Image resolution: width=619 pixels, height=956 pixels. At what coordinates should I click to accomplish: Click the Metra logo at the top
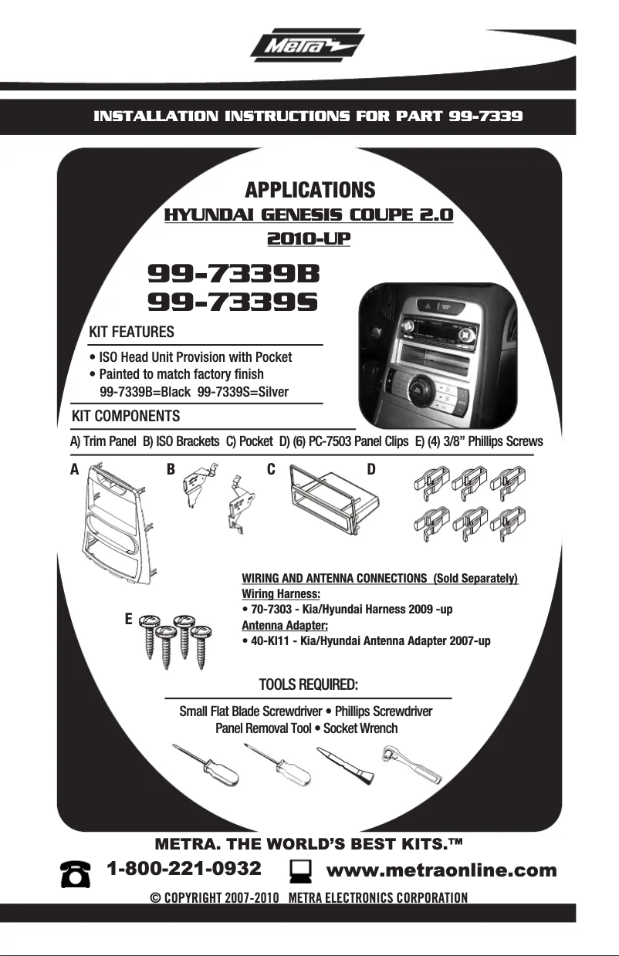[307, 45]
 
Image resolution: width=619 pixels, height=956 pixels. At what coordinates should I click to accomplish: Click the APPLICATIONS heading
[310, 190]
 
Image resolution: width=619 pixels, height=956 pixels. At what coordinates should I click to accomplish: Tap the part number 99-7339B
[234, 274]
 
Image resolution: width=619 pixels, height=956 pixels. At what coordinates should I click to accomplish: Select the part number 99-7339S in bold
[232, 302]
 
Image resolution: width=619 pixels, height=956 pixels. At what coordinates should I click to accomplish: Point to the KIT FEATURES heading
[131, 332]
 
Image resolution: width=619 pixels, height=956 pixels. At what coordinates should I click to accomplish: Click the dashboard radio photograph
[438, 356]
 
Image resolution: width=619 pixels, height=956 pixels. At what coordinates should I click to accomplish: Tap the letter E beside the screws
[128, 619]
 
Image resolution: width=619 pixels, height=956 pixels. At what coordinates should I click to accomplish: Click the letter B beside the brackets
[171, 469]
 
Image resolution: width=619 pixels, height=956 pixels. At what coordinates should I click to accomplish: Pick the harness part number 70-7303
[271, 609]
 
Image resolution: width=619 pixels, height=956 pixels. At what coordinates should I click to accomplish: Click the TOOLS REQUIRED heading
[308, 684]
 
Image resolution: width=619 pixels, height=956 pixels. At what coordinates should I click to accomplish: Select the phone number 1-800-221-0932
[184, 869]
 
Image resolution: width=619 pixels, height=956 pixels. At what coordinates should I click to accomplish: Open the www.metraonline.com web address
[441, 870]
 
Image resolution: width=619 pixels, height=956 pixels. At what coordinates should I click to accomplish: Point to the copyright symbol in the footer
[155, 898]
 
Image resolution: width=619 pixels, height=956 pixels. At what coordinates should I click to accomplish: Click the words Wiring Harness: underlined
[281, 593]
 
